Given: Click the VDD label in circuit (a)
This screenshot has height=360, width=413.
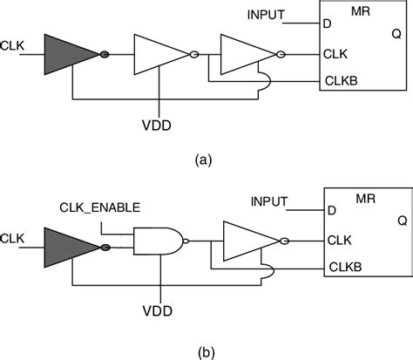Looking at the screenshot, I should (159, 125).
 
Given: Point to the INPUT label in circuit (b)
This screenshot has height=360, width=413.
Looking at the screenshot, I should (270, 201).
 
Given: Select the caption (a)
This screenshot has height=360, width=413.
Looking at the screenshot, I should (202, 160).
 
